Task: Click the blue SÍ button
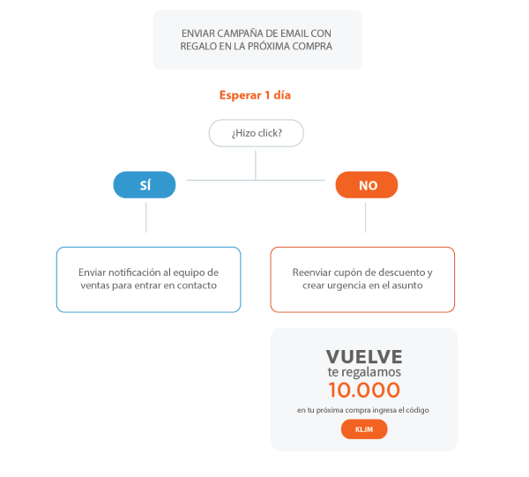coord(145,185)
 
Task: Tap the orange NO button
coord(367,185)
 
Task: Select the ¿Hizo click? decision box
coord(257,133)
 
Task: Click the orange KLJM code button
coord(364,429)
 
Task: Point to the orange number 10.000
coord(364,390)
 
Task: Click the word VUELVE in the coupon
coord(364,356)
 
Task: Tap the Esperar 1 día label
coord(255,95)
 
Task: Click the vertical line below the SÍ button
coord(146,217)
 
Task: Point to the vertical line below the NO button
coord(365,217)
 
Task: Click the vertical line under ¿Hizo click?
coord(256,165)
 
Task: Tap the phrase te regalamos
coord(364,372)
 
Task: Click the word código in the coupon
coord(417,410)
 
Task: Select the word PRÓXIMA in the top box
coord(269,46)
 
